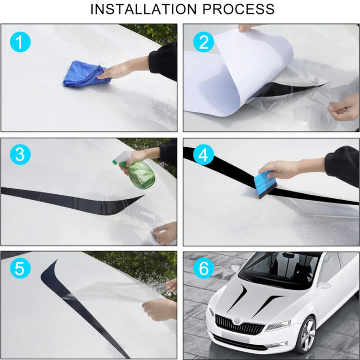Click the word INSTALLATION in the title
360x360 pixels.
click(x=144, y=9)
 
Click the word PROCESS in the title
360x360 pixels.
click(x=238, y=9)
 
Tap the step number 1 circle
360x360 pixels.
click(x=20, y=42)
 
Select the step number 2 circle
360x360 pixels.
click(x=204, y=42)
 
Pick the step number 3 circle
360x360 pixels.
click(x=20, y=155)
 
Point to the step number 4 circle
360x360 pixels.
click(x=204, y=155)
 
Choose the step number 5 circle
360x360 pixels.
click(x=20, y=268)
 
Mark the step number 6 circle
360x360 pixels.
click(x=204, y=268)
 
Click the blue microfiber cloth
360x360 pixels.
click(x=86, y=74)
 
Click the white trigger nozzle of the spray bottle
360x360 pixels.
click(x=122, y=157)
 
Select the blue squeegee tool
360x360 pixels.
click(x=265, y=184)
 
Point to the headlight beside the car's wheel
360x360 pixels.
click(x=278, y=326)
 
